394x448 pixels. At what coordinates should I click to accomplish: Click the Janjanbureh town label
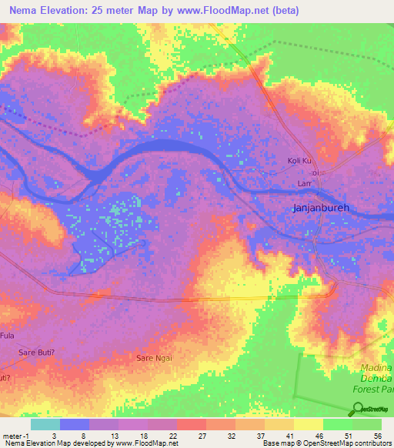tap(322, 208)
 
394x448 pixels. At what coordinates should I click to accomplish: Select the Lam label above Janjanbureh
tap(304, 185)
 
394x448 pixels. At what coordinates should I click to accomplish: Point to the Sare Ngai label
tap(154, 359)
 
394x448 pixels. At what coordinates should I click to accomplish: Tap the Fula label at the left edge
tap(8, 336)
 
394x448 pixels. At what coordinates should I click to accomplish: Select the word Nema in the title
tap(25, 11)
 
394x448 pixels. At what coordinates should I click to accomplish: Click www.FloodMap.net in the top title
tap(227, 11)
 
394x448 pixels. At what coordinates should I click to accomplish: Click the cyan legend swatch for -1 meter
tap(45, 424)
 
